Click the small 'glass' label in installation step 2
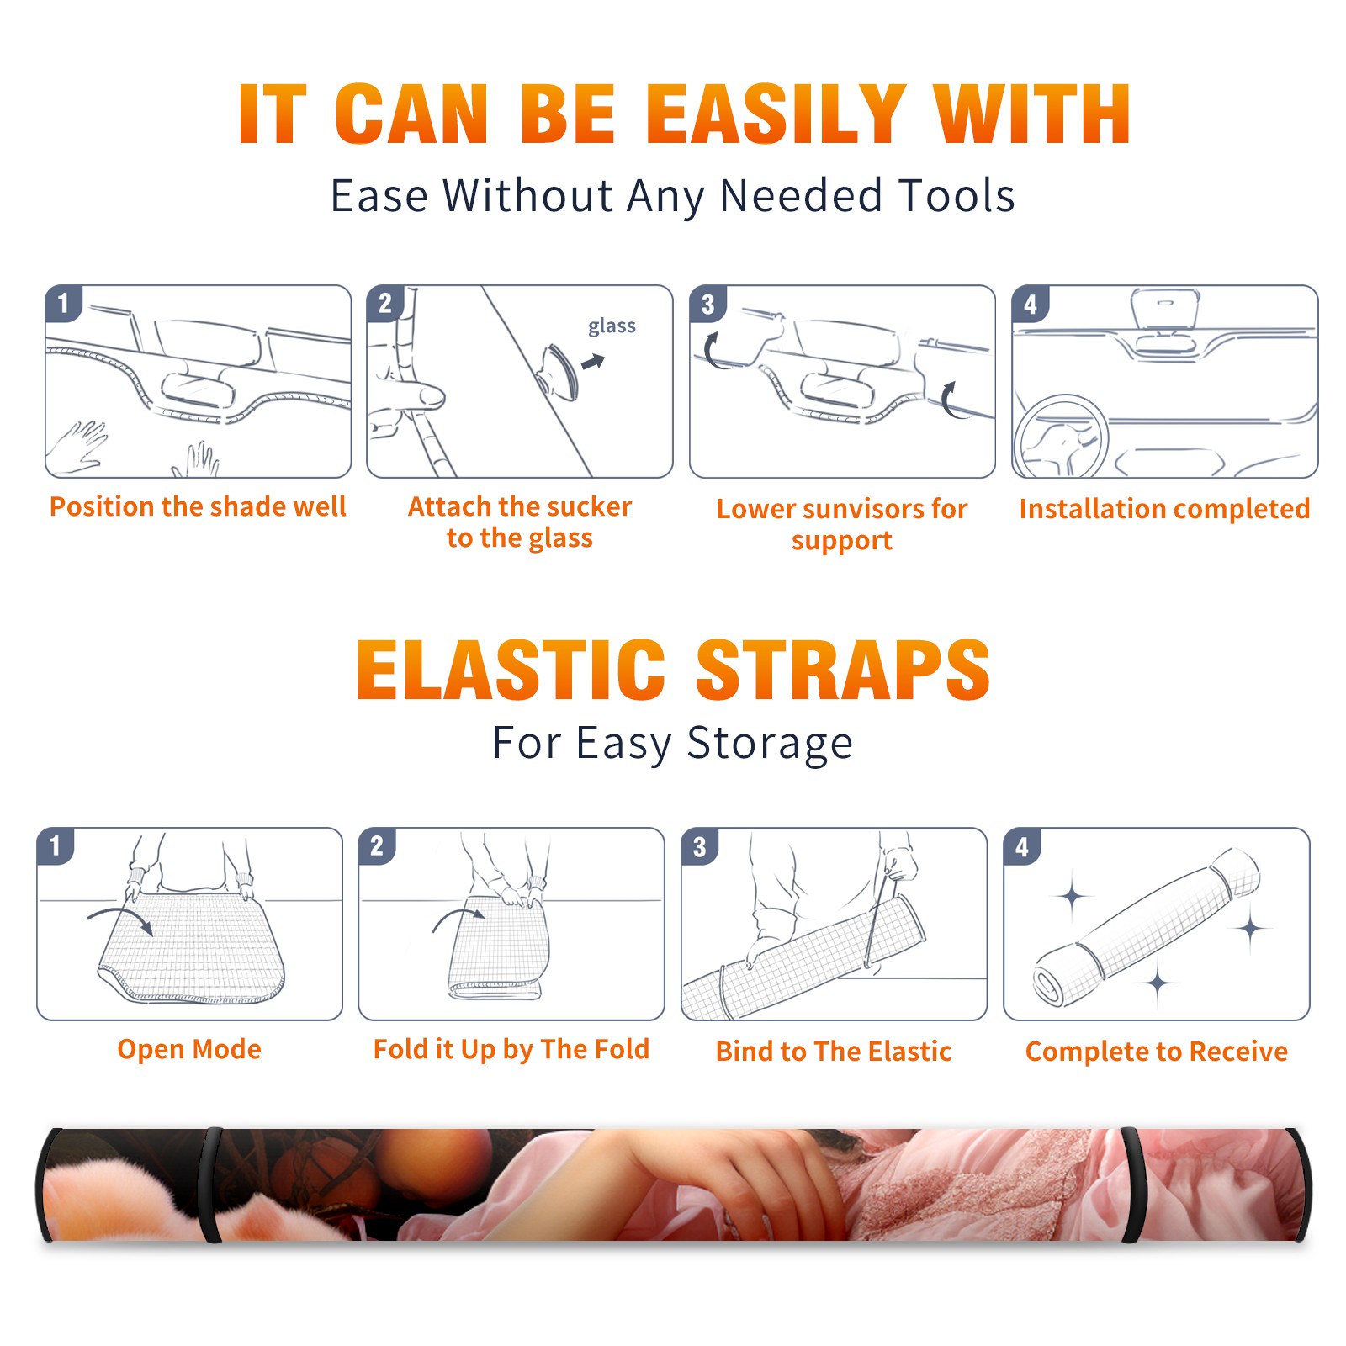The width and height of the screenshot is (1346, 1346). pos(612,326)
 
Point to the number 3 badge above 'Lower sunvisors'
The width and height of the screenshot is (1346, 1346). pos(707,304)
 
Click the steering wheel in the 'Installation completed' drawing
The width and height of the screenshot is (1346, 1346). pos(1061,436)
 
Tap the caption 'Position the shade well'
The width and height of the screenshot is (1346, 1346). pos(198,506)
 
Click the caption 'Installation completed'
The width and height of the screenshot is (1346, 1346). pos(1164,508)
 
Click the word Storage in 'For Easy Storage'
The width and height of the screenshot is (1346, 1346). pos(770,744)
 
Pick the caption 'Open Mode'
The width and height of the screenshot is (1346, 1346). pos(189,1049)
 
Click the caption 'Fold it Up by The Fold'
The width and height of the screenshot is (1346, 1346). pos(511,1049)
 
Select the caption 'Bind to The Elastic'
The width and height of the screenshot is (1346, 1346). pos(834,1052)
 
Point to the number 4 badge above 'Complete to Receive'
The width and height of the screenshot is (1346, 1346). pos(1022,846)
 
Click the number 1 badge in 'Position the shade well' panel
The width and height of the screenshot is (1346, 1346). pos(63,303)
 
